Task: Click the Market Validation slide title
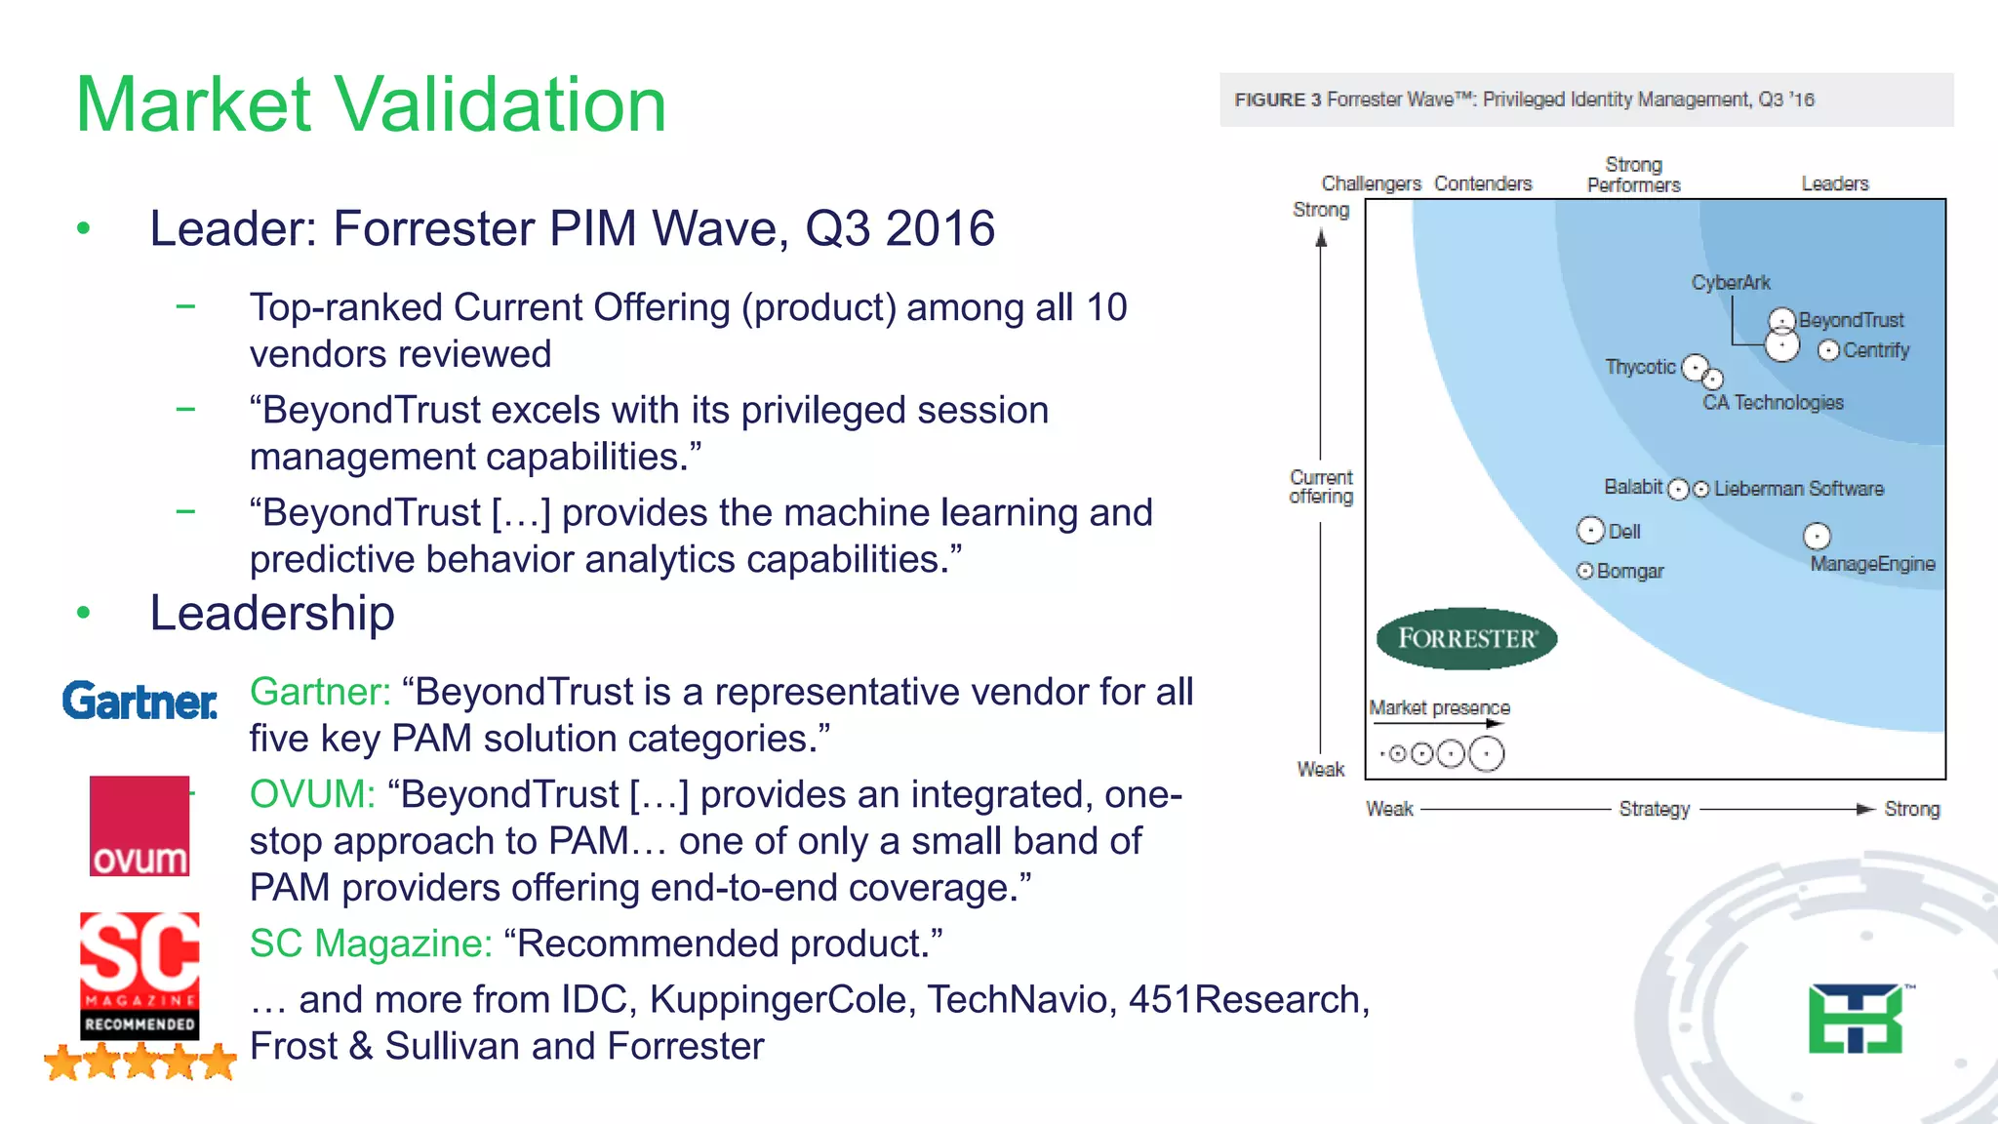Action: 371,104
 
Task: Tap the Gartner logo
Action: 140,702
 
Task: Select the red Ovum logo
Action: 140,825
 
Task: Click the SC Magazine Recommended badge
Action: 140,976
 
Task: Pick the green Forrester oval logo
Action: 1466,639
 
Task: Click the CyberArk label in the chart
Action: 1731,283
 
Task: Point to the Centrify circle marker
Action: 1829,350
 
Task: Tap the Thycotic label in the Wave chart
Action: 1640,367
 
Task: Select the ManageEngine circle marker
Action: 1817,536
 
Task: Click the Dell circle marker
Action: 1591,530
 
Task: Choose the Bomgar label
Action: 1630,572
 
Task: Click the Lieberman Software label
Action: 1799,489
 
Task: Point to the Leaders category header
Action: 1834,183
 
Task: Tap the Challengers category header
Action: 1371,183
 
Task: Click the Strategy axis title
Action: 1655,809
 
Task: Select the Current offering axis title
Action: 1321,487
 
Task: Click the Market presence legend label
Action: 1439,707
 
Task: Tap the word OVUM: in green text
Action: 312,794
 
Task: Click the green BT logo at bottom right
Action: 1856,1019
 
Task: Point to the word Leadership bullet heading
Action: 271,614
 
